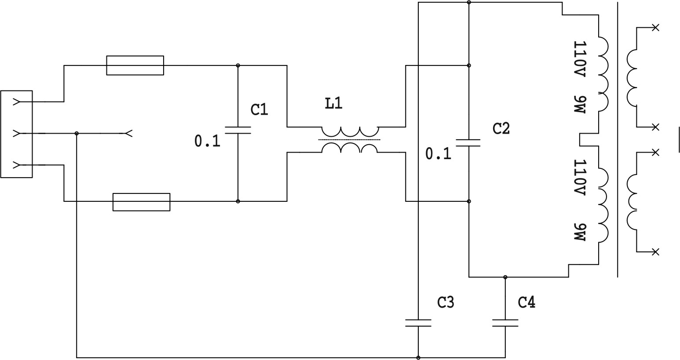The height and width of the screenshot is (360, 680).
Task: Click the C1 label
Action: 259,109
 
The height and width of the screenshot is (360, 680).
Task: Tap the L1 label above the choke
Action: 334,103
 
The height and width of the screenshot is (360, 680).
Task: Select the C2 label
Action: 501,128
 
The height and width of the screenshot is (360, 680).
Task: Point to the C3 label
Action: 445,302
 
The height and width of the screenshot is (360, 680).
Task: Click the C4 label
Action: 526,302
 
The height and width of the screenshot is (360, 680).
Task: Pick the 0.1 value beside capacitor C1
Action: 207,142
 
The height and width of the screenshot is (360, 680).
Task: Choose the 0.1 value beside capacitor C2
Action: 438,154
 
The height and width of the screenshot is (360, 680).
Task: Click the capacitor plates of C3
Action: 418,323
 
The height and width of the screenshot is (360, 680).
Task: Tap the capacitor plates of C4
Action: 505,323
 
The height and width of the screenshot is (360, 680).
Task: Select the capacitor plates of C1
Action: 238,130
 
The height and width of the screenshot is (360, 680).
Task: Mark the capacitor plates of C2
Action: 468,143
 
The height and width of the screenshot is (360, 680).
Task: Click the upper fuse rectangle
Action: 135,65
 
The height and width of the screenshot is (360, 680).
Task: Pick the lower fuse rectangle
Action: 142,202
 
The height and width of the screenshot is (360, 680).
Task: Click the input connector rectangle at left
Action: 16,134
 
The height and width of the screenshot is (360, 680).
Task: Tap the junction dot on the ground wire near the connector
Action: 77,134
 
